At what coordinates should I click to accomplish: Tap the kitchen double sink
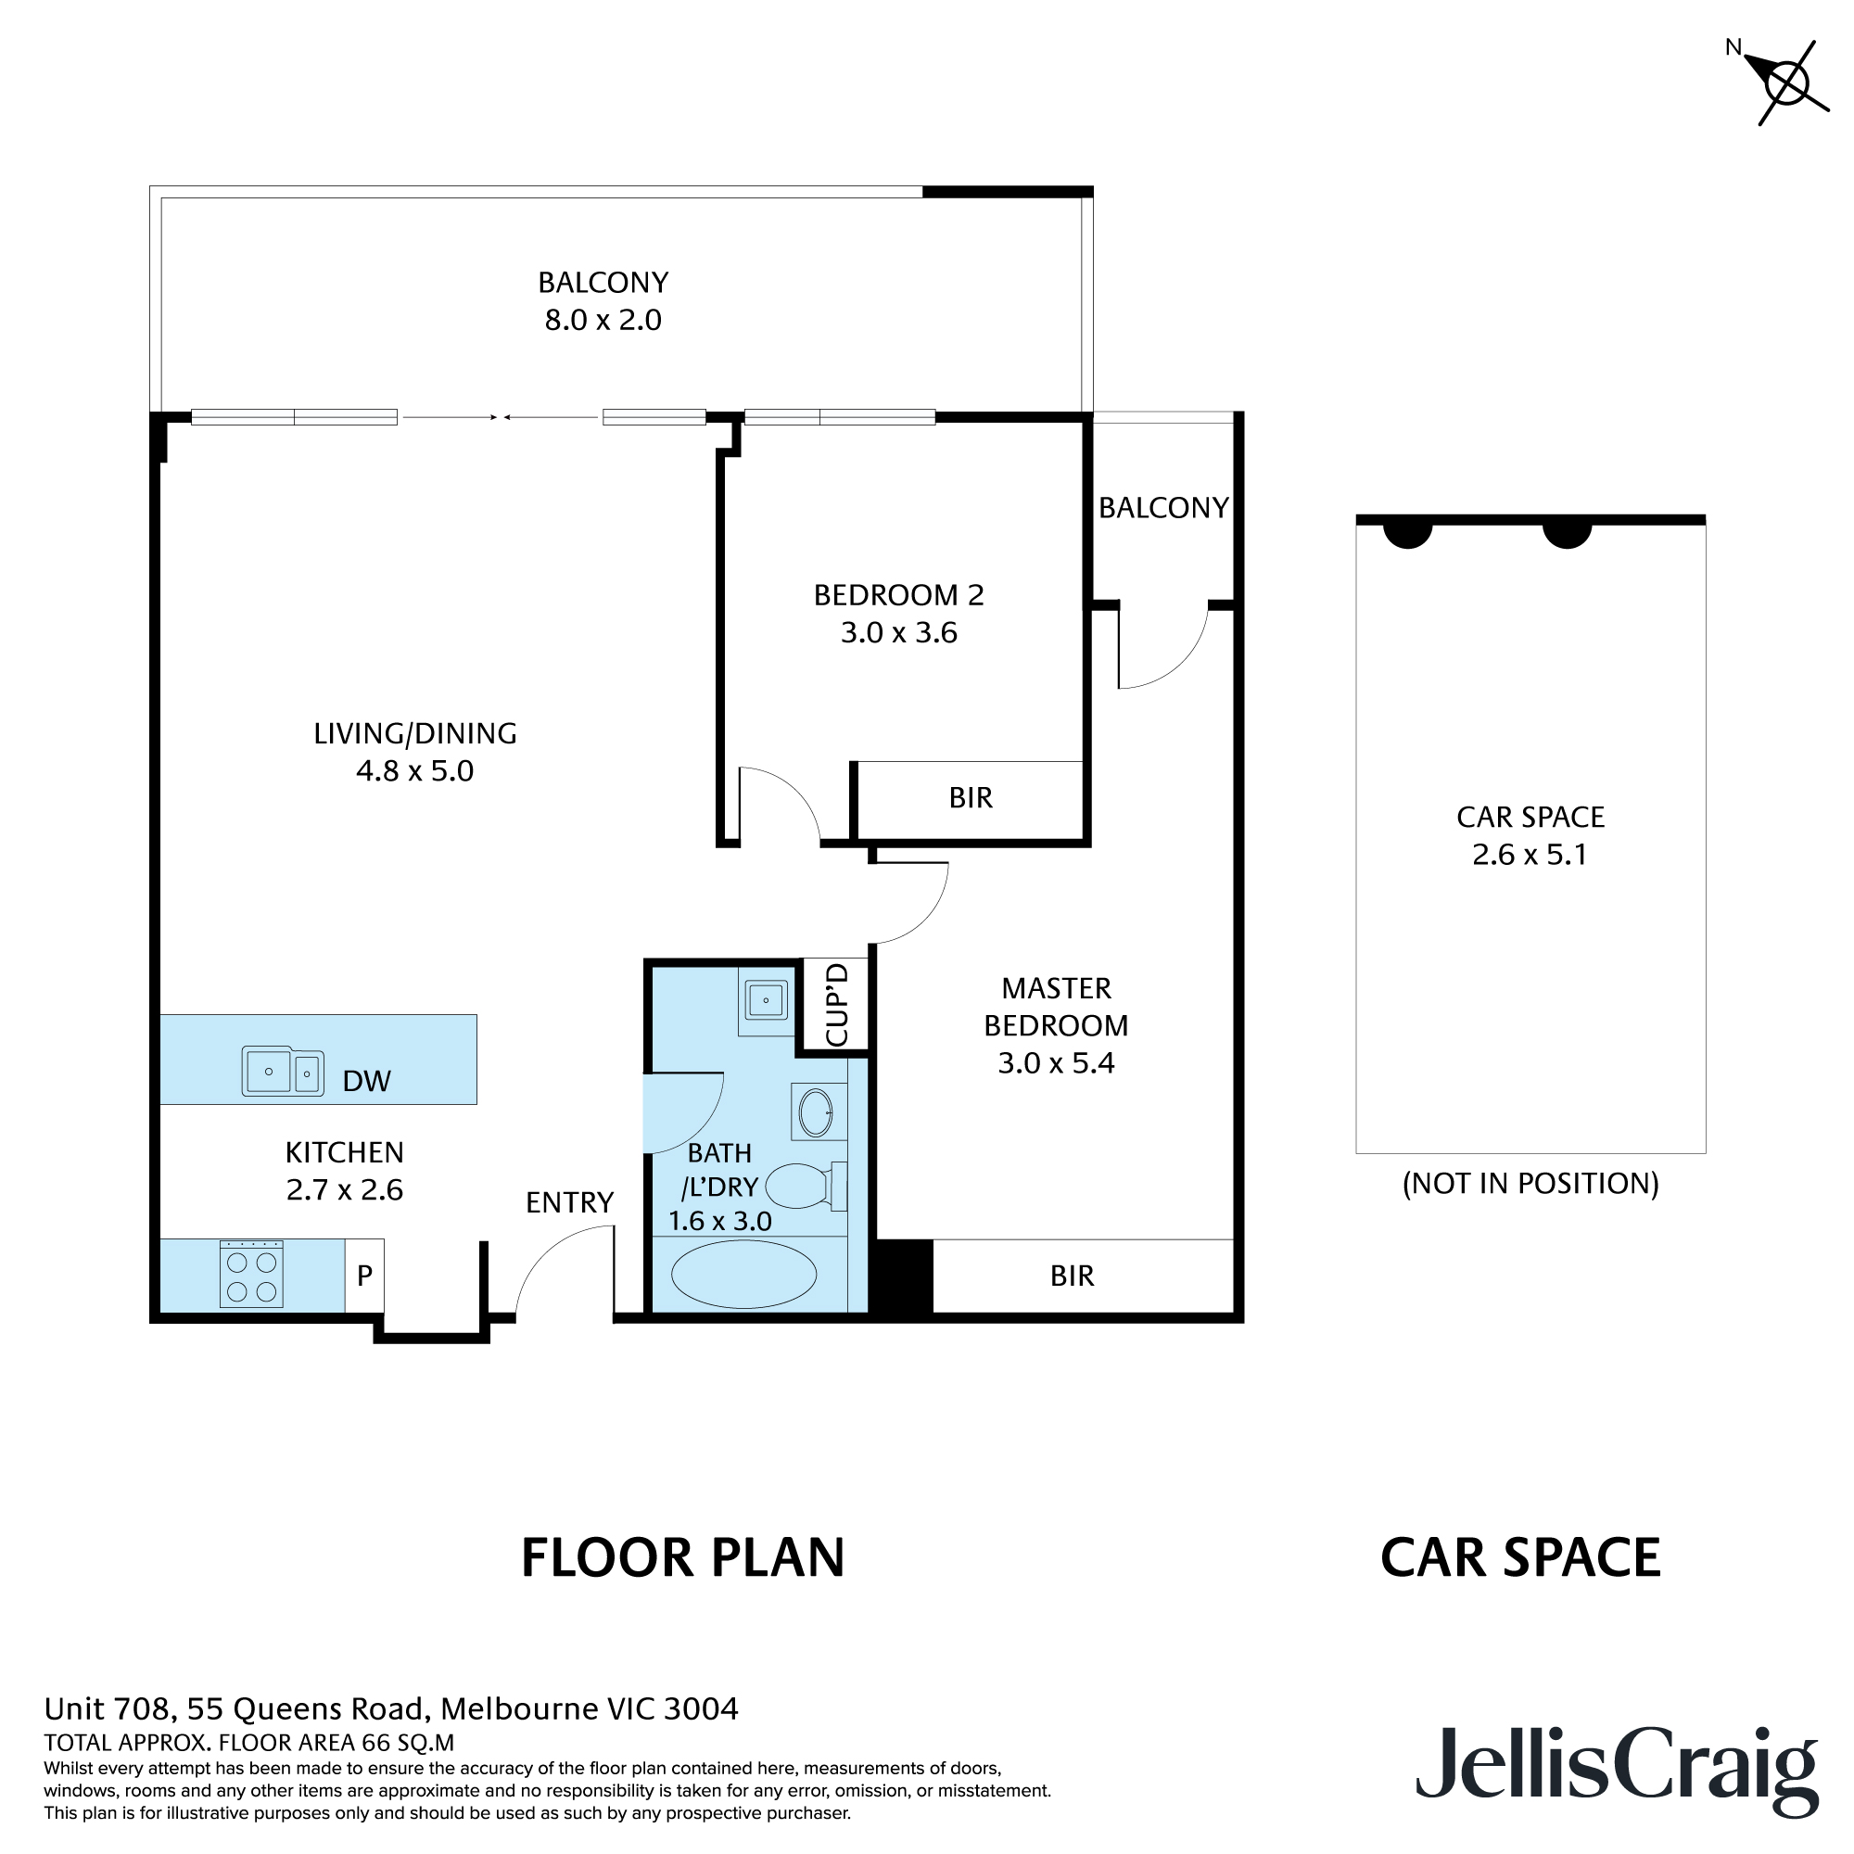pyautogui.click(x=282, y=1071)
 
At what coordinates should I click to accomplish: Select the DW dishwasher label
pyautogui.click(x=366, y=1082)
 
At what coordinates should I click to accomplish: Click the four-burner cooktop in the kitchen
pyautogui.click(x=251, y=1276)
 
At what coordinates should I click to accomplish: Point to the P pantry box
pyautogui.click(x=364, y=1276)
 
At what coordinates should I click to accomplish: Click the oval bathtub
pyautogui.click(x=743, y=1275)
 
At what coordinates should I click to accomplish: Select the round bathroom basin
pyautogui.click(x=817, y=1113)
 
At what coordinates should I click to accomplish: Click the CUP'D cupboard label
pyautogui.click(x=837, y=1005)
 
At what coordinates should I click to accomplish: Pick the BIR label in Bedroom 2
pyautogui.click(x=971, y=797)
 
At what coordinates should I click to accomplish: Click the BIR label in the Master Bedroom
pyautogui.click(x=1072, y=1276)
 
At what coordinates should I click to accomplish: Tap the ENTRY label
pyautogui.click(x=569, y=1202)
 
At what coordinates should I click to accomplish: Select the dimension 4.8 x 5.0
pyautogui.click(x=414, y=771)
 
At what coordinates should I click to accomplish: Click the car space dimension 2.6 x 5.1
pyautogui.click(x=1530, y=855)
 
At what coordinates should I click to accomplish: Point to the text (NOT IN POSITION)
pyautogui.click(x=1530, y=1183)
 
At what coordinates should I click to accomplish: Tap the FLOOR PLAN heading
pyautogui.click(x=682, y=1558)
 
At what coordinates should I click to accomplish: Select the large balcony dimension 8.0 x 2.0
pyautogui.click(x=603, y=321)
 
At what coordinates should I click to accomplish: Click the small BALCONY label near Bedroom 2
pyautogui.click(x=1163, y=508)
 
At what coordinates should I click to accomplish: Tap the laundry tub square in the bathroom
pyautogui.click(x=766, y=1001)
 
